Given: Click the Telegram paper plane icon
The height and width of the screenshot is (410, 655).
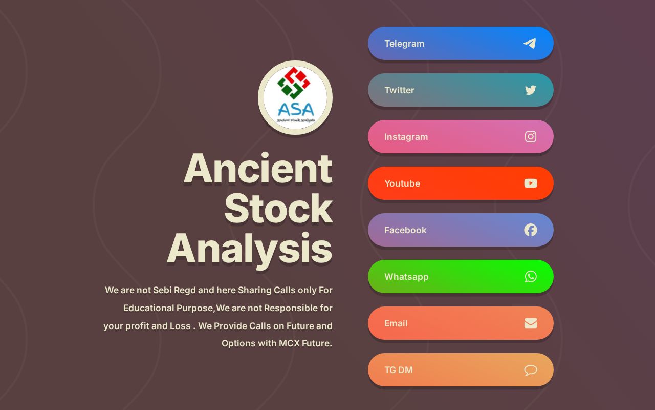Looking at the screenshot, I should click(x=530, y=44).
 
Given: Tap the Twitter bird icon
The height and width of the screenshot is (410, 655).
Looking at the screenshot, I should click(x=531, y=90).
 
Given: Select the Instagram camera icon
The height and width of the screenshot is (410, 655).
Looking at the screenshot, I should click(x=531, y=137).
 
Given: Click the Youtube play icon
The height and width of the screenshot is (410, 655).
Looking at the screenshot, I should click(x=531, y=183).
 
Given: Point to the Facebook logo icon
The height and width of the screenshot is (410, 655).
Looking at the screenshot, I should click(x=531, y=230).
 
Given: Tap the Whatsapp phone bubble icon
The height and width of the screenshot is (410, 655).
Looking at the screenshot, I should click(x=531, y=277).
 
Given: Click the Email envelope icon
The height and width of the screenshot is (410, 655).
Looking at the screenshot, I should click(x=531, y=323).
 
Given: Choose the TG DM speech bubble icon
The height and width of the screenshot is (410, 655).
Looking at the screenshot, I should click(x=531, y=370).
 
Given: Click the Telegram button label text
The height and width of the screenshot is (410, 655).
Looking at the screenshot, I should click(x=404, y=44).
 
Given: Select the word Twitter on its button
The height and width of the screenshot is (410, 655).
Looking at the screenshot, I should click(x=399, y=90).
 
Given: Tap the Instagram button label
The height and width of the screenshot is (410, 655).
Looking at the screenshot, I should click(x=406, y=137).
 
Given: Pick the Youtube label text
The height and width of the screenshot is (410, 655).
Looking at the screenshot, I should click(x=402, y=183).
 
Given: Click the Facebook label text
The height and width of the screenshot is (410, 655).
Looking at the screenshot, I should click(x=405, y=230).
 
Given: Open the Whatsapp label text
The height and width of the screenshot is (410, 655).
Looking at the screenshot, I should click(x=406, y=277).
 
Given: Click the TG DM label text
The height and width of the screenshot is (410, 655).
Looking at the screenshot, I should click(x=399, y=370).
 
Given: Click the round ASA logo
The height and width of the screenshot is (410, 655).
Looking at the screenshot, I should click(x=295, y=98).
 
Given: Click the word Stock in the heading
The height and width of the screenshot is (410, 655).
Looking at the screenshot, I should click(x=278, y=209).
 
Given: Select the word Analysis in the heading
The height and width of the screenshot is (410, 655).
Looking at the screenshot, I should click(x=250, y=249).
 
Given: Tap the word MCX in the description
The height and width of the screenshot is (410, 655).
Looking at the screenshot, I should click(x=289, y=343).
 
